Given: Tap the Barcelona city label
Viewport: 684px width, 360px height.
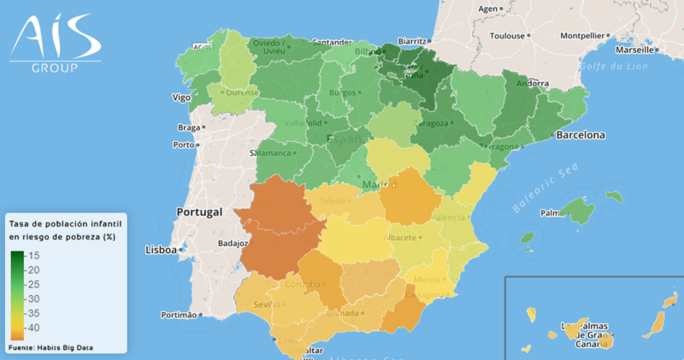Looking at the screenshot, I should [x=581, y=135].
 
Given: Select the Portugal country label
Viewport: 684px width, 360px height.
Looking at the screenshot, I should [x=199, y=211].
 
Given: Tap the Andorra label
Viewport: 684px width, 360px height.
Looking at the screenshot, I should [x=533, y=84].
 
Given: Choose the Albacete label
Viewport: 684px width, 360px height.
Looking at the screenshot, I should [x=399, y=237].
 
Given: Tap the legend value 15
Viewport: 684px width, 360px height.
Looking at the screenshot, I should [x=35, y=256].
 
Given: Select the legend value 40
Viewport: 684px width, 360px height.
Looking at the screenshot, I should [x=35, y=328].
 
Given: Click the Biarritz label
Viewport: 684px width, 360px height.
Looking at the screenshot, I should [x=413, y=40].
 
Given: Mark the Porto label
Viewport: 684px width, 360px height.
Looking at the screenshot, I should [x=183, y=145].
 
